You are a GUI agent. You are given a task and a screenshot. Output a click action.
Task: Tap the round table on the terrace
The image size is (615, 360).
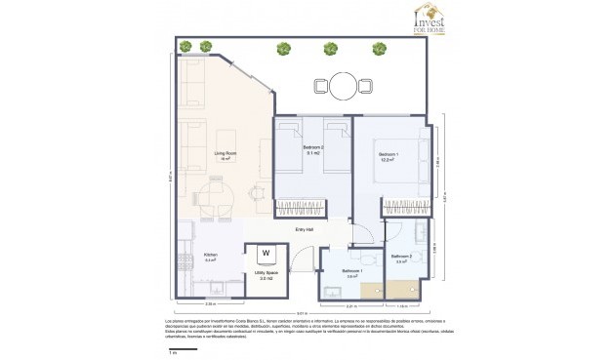coord(343,83)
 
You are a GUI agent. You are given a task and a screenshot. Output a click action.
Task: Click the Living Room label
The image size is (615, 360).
coord(225,154)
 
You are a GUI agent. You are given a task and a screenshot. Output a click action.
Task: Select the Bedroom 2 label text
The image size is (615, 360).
coord(313,149)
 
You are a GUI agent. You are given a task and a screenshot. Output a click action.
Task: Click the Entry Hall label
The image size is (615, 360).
coord(304,229)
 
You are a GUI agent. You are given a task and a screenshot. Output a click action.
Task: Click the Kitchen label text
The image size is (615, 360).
coord(210,257)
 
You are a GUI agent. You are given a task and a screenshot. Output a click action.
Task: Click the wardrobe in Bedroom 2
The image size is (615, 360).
coord(301,206)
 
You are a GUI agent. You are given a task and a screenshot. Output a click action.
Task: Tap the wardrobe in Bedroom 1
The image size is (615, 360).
coord(406,205)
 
